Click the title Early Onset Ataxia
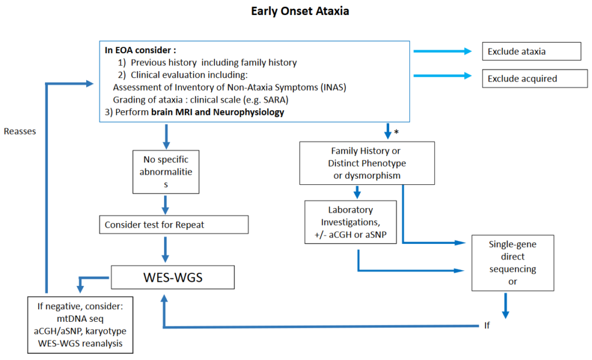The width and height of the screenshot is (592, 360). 299,11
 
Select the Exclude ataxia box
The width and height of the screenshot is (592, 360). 531,51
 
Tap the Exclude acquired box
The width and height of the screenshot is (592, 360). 531,78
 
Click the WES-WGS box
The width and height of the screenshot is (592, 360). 172,277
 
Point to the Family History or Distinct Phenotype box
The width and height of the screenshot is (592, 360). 367,164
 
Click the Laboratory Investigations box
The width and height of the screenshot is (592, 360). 350,221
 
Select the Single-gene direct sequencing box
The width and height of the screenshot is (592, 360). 513,262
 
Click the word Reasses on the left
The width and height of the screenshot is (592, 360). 20,131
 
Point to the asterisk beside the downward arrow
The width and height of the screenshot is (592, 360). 397,132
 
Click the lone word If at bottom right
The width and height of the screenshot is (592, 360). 487,326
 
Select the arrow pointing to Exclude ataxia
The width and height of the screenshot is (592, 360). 442,51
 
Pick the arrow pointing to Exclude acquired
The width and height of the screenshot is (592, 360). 442,75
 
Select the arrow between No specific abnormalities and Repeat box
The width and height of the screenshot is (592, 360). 166,203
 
